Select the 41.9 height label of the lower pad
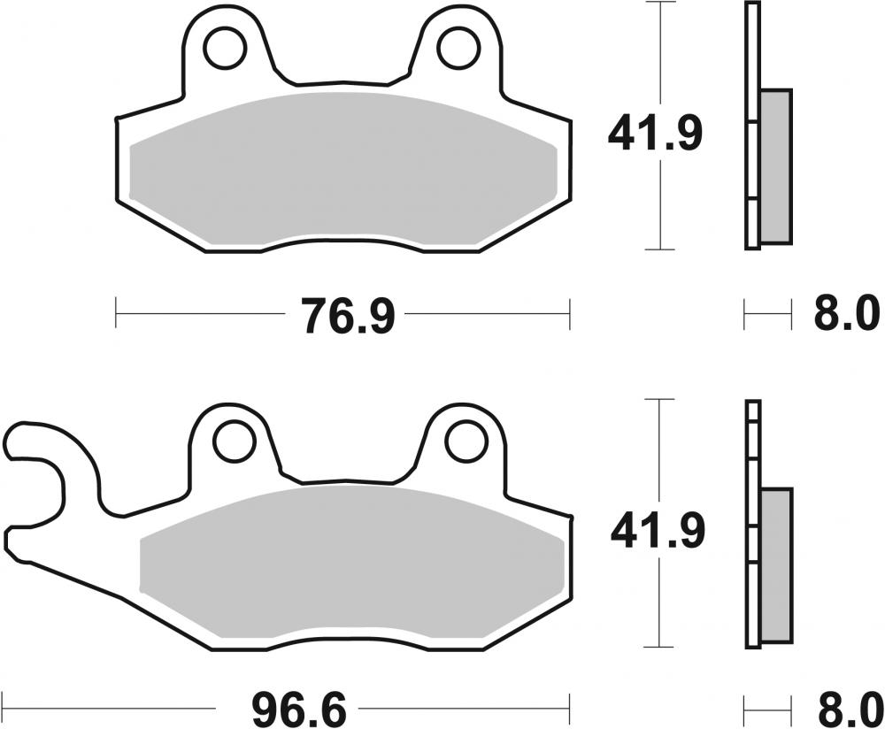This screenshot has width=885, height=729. coord(655,531)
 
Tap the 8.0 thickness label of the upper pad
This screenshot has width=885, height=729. coord(844,314)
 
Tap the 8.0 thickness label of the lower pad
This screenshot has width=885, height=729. coord(844,709)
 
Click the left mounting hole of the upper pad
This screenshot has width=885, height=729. coord(225,48)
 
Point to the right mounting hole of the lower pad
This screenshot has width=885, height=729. coord(466,440)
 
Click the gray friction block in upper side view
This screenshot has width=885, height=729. coord(776,165)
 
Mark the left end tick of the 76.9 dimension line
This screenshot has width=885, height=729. coord(117,312)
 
